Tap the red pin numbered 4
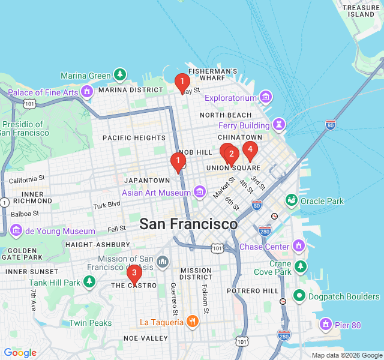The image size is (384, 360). click(x=250, y=149)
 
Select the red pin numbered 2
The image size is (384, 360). click(x=231, y=154)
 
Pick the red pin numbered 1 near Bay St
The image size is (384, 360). click(x=182, y=82)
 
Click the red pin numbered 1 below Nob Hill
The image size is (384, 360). click(x=178, y=161)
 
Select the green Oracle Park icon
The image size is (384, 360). click(x=292, y=200)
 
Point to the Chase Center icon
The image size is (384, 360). click(x=299, y=246)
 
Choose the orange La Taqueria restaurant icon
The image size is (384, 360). click(x=192, y=322)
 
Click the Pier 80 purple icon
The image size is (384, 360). click(x=326, y=325)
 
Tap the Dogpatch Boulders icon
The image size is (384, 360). click(x=299, y=296)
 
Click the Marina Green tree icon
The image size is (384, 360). click(x=121, y=75)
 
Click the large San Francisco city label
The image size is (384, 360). click(x=188, y=224)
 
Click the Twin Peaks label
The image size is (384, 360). click(x=90, y=323)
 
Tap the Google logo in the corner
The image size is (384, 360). click(x=20, y=352)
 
